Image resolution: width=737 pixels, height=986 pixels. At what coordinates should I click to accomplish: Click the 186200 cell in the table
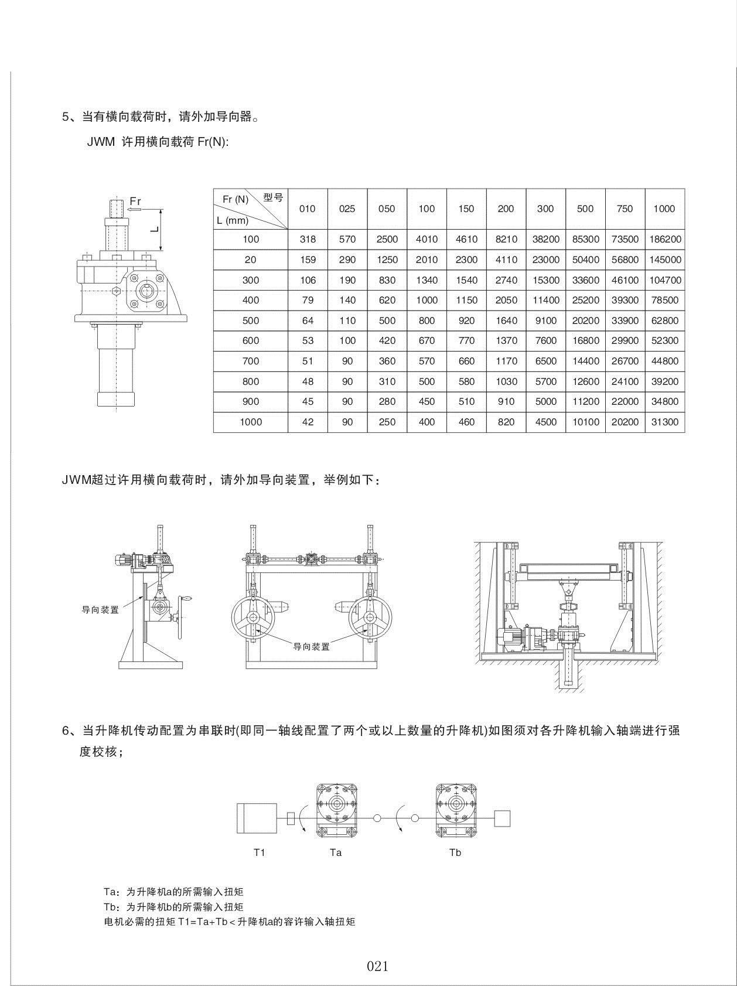665,239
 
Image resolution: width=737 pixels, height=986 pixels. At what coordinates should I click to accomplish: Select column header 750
625,209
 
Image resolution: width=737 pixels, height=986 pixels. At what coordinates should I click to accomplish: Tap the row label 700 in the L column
250,361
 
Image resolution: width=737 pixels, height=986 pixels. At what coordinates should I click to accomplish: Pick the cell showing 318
308,239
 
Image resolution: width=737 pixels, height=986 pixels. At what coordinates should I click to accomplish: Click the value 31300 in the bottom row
665,422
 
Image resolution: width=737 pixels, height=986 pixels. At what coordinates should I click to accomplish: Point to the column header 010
308,209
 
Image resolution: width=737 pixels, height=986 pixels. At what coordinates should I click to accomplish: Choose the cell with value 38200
545,239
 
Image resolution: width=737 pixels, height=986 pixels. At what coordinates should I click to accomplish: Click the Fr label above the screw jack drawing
135,201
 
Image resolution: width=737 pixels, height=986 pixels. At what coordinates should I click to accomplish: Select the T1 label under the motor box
260,852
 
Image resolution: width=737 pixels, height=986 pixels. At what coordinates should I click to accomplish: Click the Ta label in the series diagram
336,852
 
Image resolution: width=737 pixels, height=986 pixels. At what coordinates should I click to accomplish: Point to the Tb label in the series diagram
455,852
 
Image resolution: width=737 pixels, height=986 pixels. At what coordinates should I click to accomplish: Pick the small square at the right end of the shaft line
502,818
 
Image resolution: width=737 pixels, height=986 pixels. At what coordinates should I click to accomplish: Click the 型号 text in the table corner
273,197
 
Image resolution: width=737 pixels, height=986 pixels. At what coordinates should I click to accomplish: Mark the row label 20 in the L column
250,260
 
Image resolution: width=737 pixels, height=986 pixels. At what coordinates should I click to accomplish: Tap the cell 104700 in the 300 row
665,280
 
